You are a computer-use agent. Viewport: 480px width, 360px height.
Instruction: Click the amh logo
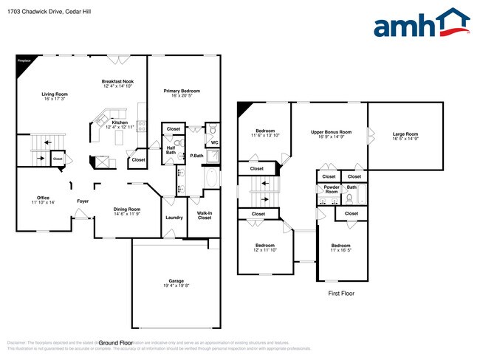[x=422, y=24]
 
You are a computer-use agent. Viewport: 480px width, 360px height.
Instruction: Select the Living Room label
[x=55, y=94]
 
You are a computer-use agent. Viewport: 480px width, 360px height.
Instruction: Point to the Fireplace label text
[x=24, y=60]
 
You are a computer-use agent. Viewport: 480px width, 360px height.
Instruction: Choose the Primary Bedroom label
[x=182, y=91]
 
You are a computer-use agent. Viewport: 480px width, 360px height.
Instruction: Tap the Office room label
[x=44, y=198]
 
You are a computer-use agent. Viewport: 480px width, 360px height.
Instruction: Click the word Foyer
[x=83, y=201]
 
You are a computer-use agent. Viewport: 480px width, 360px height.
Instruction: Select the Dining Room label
[x=127, y=209]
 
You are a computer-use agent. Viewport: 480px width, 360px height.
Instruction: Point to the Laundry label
[x=174, y=217]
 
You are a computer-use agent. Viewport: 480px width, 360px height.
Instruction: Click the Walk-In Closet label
[x=205, y=216]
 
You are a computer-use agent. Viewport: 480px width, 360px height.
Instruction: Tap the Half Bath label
[x=171, y=150]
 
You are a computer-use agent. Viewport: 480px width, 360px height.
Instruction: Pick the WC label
[x=214, y=142]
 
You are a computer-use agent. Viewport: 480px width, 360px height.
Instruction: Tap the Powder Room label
[x=332, y=189]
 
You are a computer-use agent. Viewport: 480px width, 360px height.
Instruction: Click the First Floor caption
[x=342, y=293]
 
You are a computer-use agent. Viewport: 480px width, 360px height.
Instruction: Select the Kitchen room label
[x=120, y=122]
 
